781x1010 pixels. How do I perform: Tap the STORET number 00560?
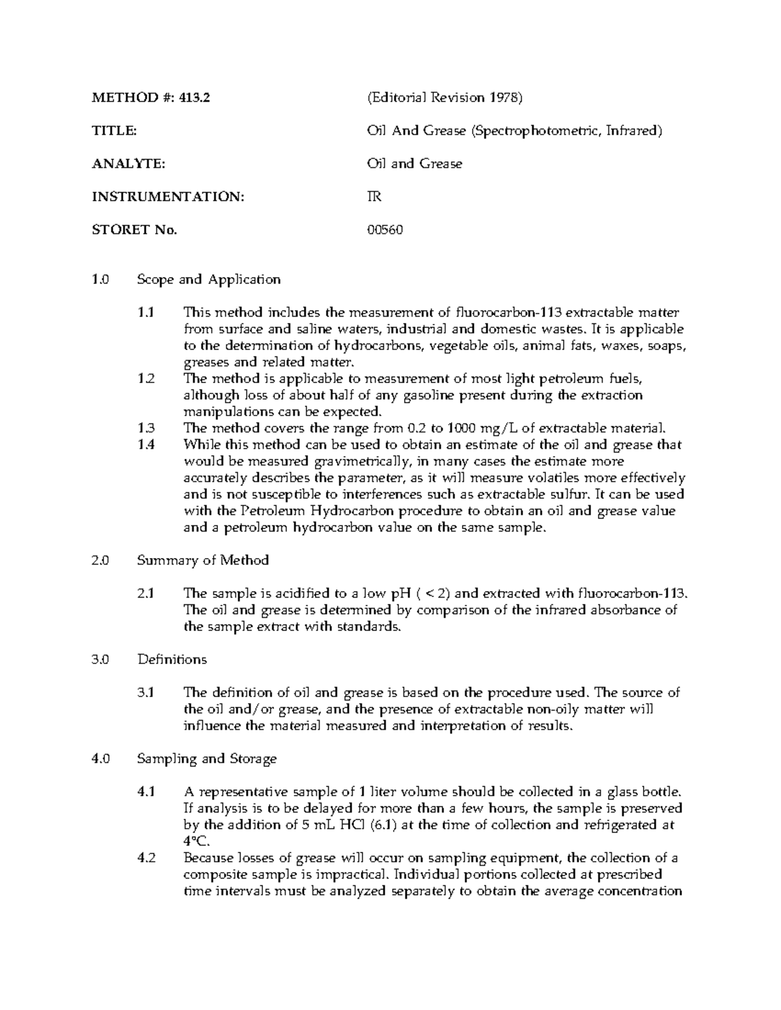(x=385, y=230)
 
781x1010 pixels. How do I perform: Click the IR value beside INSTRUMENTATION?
(x=374, y=196)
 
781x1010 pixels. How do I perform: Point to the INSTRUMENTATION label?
(x=168, y=196)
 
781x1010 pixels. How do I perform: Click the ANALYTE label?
(x=128, y=164)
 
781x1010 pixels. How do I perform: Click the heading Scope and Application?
(x=208, y=280)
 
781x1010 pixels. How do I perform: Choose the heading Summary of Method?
(x=202, y=560)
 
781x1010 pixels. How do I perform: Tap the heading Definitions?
(x=172, y=659)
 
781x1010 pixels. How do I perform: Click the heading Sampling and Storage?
(x=206, y=758)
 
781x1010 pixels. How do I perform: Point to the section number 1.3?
(x=146, y=428)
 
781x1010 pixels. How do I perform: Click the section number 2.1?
(x=146, y=593)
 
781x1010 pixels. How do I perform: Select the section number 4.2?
(x=146, y=858)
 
